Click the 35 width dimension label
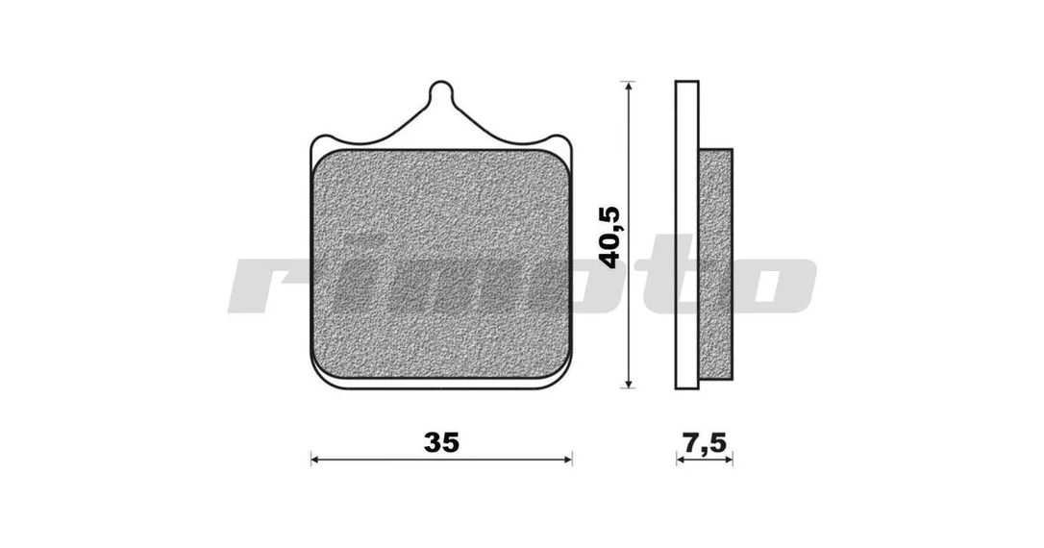(441, 442)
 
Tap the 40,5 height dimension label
(609, 237)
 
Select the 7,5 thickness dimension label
(705, 442)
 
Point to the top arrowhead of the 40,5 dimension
(627, 87)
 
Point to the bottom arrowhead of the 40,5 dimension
(627, 383)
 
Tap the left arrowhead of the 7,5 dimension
(681, 459)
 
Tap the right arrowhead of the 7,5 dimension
(728, 459)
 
